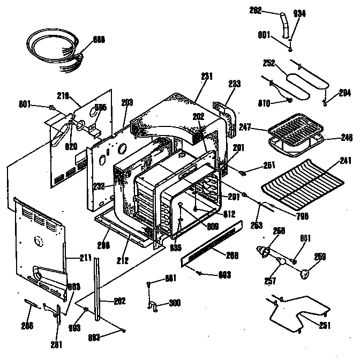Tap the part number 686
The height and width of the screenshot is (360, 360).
tap(99, 39)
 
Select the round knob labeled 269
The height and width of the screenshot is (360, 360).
tap(306, 274)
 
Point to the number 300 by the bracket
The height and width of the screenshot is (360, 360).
tap(174, 303)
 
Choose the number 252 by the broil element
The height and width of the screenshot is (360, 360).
tap(268, 63)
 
